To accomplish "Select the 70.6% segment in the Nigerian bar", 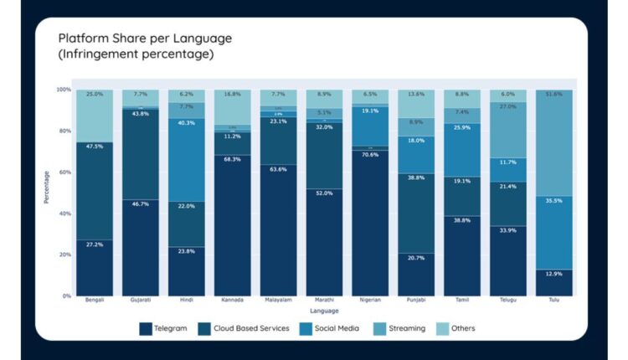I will pos(369,223).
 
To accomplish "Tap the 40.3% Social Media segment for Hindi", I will pos(186,159).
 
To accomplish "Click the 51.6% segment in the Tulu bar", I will pos(553,142).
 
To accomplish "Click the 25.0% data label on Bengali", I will pos(95,95).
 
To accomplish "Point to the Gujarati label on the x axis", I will pos(140,300).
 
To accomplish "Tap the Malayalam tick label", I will pos(278,300).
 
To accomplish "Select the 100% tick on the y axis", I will pos(63,90).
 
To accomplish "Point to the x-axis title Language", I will pos(324,311).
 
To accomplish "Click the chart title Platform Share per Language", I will pos(145,39).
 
